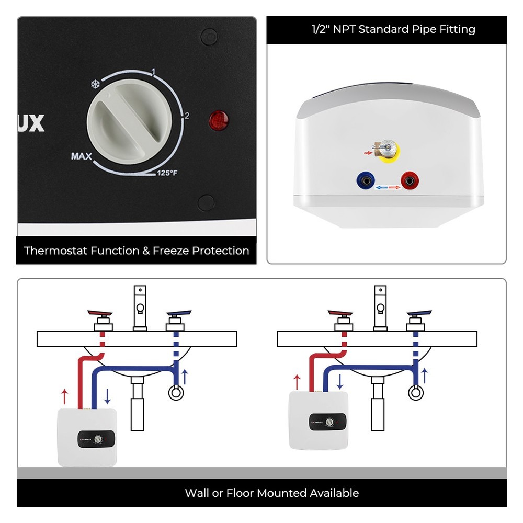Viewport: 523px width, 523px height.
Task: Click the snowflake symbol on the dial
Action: click(95, 84)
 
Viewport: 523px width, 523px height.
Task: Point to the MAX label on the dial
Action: click(82, 156)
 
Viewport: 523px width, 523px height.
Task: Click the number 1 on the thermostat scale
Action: click(154, 72)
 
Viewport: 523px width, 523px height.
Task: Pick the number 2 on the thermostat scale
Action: click(187, 116)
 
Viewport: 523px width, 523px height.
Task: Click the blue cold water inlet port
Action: click(365, 181)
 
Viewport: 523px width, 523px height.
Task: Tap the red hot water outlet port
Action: click(408, 181)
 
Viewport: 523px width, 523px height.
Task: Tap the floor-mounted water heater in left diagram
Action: click(87, 437)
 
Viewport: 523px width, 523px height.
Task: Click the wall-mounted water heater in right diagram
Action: click(319, 421)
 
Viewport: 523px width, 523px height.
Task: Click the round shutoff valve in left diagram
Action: click(176, 392)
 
